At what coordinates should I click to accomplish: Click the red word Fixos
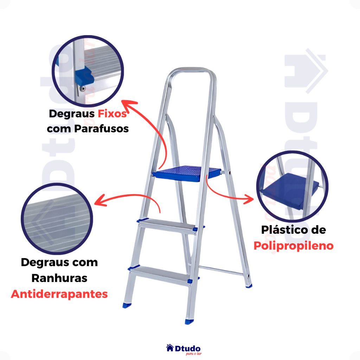point(112,114)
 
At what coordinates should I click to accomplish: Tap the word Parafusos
point(101,129)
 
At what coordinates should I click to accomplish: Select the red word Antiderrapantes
point(59,294)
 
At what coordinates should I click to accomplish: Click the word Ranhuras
point(59,278)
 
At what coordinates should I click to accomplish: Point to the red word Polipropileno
point(294,246)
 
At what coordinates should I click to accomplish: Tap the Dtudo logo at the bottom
point(184,349)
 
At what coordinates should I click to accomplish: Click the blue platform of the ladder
point(186,174)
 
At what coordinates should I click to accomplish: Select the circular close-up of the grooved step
point(57,219)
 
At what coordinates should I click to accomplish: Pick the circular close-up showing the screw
point(88,71)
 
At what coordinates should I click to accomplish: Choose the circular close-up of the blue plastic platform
point(292,186)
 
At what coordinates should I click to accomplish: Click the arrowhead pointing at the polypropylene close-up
point(250,199)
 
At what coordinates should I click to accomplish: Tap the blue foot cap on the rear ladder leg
point(249,286)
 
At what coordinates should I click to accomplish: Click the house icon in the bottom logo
point(170,348)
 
